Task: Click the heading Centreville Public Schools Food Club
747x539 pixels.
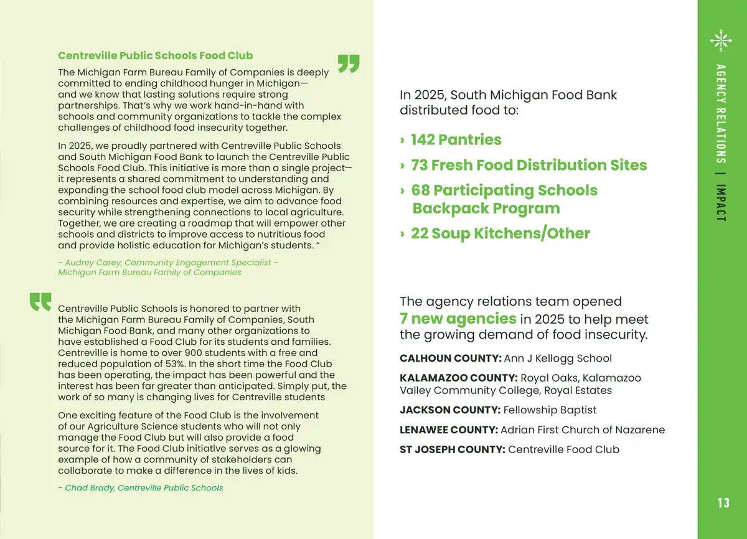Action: (155, 56)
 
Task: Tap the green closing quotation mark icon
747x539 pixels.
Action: (349, 64)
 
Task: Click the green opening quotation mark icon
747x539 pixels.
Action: (40, 302)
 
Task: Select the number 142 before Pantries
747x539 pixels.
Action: (423, 139)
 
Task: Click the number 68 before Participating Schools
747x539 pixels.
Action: (420, 190)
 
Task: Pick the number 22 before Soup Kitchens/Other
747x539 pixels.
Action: (419, 233)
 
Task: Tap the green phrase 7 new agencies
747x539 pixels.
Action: (458, 319)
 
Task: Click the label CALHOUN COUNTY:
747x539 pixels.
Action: (450, 359)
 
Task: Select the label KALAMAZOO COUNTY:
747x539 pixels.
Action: (458, 378)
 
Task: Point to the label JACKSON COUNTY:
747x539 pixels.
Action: (449, 410)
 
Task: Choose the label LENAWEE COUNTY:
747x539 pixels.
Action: (448, 430)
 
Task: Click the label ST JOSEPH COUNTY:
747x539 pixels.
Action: (452, 449)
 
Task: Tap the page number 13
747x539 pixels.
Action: (723, 503)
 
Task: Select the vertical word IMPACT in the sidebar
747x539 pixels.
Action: (721, 202)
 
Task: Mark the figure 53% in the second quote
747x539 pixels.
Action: (183, 364)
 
